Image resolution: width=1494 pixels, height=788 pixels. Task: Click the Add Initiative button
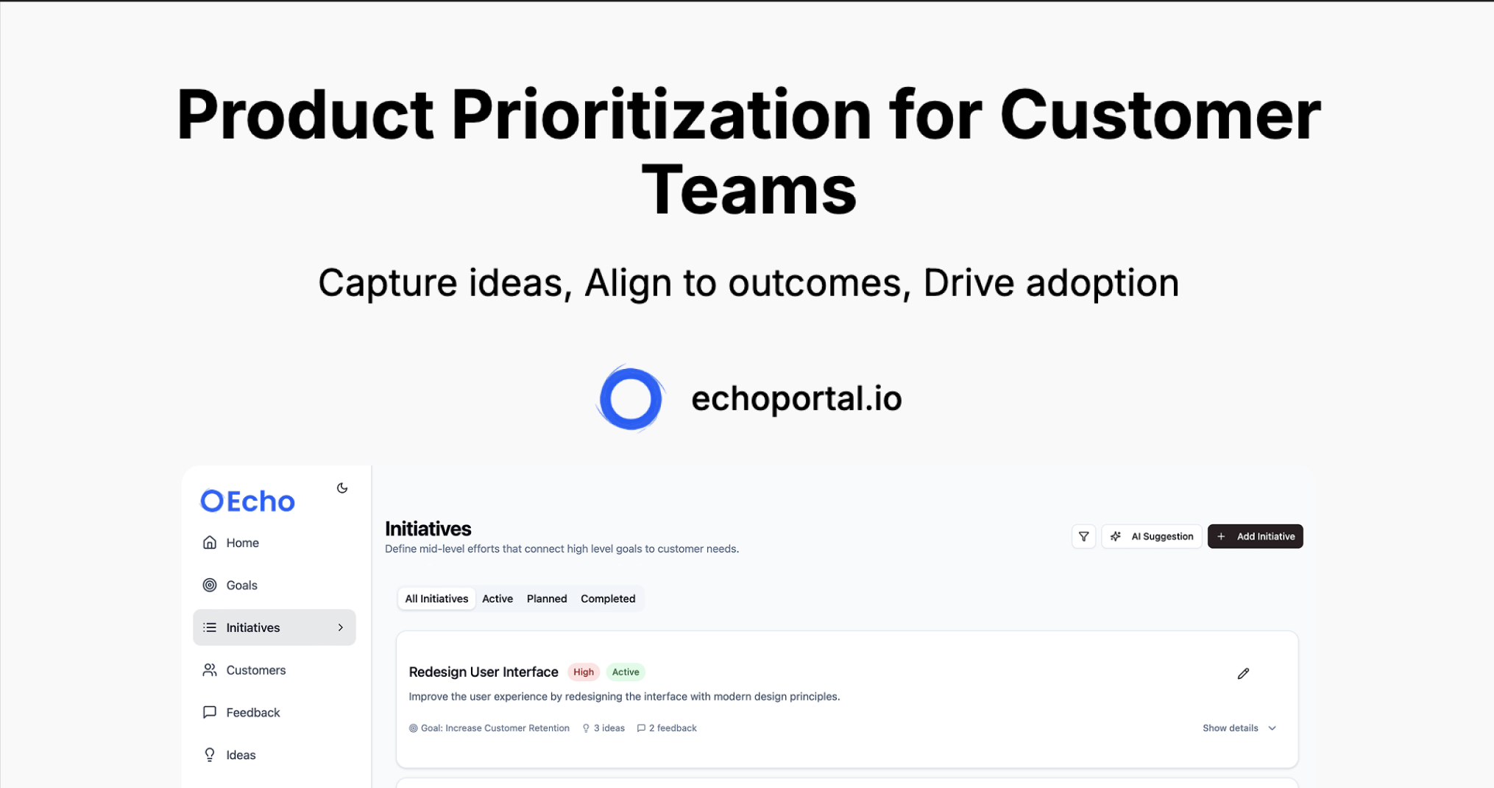click(1255, 536)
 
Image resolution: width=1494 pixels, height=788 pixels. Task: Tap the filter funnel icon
click(1083, 536)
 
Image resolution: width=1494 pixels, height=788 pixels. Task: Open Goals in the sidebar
click(230, 585)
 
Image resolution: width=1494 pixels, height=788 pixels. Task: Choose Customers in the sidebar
click(244, 670)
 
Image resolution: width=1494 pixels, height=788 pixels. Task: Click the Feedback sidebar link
click(241, 713)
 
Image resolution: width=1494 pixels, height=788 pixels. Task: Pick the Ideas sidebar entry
click(230, 755)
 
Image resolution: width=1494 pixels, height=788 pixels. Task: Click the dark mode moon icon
click(342, 488)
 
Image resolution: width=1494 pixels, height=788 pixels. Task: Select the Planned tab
click(547, 599)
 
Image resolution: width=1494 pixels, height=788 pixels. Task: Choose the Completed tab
click(608, 599)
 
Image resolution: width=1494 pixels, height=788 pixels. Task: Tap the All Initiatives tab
click(436, 599)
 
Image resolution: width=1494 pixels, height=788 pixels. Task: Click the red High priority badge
click(584, 672)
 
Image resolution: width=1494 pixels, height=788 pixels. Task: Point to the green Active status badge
click(626, 672)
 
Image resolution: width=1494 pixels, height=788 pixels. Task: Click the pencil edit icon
click(1243, 673)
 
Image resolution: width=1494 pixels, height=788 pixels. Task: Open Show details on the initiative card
click(1239, 728)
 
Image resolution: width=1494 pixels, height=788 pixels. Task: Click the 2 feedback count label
click(667, 728)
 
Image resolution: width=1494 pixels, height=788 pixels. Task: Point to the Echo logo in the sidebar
click(247, 502)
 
